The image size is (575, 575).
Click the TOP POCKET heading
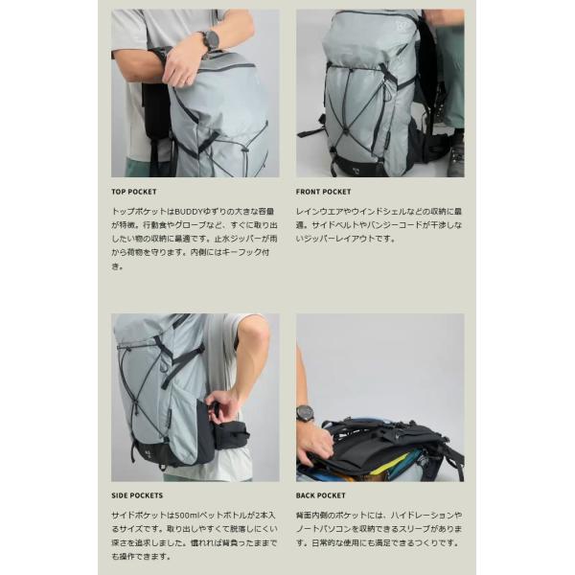(x=134, y=192)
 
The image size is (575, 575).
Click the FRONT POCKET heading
(x=323, y=192)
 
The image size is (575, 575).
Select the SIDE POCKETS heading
(x=137, y=495)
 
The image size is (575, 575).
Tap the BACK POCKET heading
(x=320, y=495)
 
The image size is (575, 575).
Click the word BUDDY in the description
(x=188, y=212)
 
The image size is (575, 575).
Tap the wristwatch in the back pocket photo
(x=305, y=415)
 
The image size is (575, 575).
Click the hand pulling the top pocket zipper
(x=182, y=65)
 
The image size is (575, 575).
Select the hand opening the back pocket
(x=313, y=444)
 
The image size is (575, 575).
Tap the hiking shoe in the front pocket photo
(x=455, y=155)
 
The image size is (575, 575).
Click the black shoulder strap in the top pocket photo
(x=155, y=110)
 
